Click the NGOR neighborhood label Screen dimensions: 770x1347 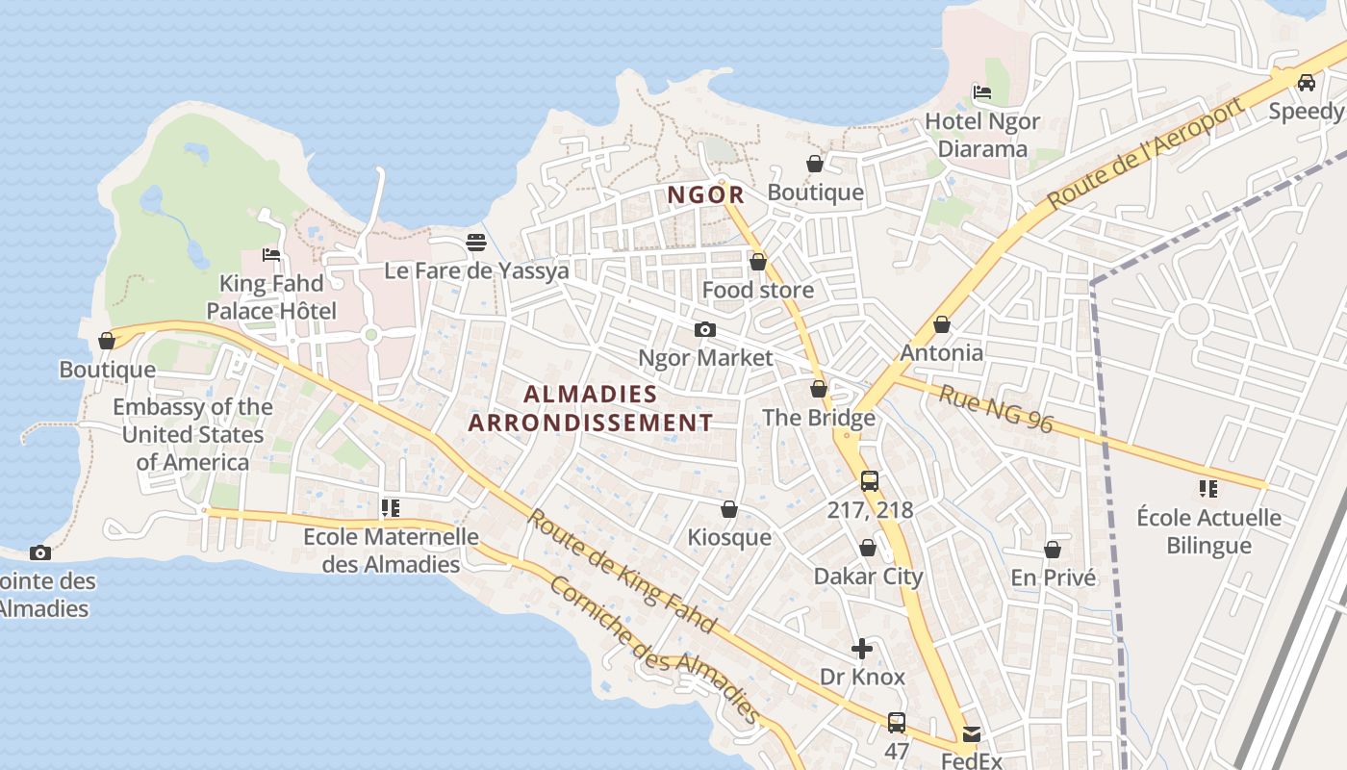click(x=706, y=194)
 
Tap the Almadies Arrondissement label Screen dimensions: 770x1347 click(x=591, y=408)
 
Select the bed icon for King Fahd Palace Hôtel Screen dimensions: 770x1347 click(x=271, y=255)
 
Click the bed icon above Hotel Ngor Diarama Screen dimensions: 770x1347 click(x=982, y=92)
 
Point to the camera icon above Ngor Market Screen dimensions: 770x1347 click(x=705, y=329)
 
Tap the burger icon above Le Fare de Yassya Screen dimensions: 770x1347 click(x=476, y=243)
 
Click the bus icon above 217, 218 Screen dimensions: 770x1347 click(x=870, y=480)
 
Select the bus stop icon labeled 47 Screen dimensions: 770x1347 click(x=897, y=722)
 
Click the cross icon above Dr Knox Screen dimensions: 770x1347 click(x=862, y=649)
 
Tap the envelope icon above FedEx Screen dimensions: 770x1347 click(x=971, y=733)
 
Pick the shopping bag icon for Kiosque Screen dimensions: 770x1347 click(x=729, y=509)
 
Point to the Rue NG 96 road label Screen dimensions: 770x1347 click(x=996, y=409)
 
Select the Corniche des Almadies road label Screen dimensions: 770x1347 click(x=654, y=652)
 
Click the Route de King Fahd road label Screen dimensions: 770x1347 click(x=621, y=571)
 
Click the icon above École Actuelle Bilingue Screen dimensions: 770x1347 click(x=1208, y=489)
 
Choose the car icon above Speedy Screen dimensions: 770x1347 click(x=1307, y=83)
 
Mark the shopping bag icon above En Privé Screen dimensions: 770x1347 click(x=1053, y=550)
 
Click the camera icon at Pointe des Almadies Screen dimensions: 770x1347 click(x=39, y=552)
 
